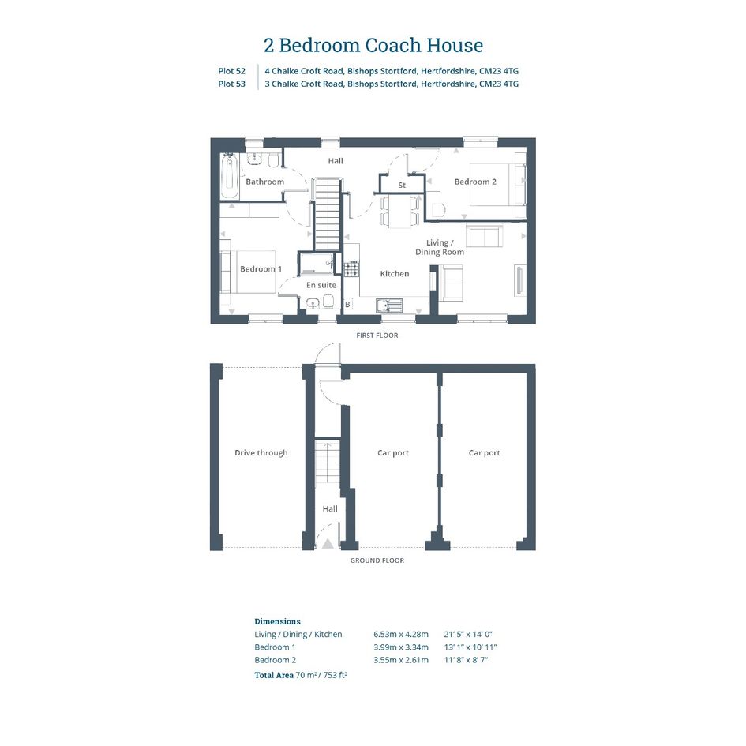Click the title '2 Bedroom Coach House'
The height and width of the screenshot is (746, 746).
[373, 45]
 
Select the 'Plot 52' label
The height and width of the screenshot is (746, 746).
[232, 71]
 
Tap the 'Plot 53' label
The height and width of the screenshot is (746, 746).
[232, 84]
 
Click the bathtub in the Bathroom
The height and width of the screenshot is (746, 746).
[231, 177]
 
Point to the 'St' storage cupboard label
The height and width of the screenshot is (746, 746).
[402, 185]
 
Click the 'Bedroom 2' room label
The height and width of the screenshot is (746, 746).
[475, 182]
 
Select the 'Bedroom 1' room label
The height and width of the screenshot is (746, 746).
[261, 269]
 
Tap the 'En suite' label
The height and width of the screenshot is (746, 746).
[321, 285]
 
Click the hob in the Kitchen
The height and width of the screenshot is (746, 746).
[352, 269]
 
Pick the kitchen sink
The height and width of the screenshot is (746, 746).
[389, 306]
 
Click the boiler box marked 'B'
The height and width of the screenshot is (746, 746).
[348, 304]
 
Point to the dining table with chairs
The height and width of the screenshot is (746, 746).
[399, 211]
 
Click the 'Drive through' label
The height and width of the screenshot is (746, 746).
[261, 453]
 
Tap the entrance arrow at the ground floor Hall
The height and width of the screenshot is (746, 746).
[328, 543]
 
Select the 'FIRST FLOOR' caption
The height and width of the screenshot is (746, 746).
[377, 336]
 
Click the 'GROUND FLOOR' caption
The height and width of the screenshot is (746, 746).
[377, 560]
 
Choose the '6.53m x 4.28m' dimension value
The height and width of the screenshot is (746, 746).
[401, 634]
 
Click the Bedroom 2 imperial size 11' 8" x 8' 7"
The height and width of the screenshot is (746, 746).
[467, 660]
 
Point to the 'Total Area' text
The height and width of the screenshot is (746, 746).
[274, 675]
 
